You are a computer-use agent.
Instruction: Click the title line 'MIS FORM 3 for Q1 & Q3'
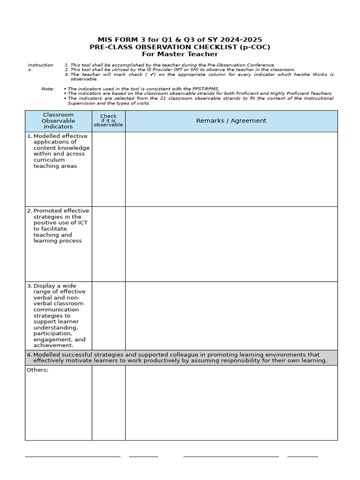[x=180, y=40]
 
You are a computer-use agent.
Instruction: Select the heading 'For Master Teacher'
[x=180, y=54]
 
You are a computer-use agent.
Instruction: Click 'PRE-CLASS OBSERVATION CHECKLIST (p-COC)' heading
[x=180, y=47]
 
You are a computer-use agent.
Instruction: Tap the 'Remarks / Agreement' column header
[x=231, y=121]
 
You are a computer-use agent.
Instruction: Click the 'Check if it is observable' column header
[x=108, y=121]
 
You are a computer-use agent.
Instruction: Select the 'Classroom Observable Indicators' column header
[x=58, y=121]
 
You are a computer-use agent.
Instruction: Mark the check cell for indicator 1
[x=108, y=169]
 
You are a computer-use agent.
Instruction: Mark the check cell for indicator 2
[x=108, y=244]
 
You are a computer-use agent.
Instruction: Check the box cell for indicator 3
[x=108, y=315]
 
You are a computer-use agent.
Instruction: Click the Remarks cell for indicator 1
[x=231, y=169]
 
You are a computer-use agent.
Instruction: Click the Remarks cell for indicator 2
[x=231, y=244]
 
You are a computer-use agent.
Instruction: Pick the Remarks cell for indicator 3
[x=231, y=315]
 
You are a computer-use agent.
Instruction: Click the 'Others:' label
[x=37, y=370]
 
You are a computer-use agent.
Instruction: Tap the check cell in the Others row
[x=108, y=403]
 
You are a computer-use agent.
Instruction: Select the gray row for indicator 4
[x=181, y=358]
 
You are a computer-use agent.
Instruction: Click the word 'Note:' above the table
[x=48, y=89]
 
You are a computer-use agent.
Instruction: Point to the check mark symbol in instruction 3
[x=152, y=75]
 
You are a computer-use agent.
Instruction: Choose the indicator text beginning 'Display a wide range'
[x=59, y=315]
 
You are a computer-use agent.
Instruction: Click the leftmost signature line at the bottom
[x=72, y=456]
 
